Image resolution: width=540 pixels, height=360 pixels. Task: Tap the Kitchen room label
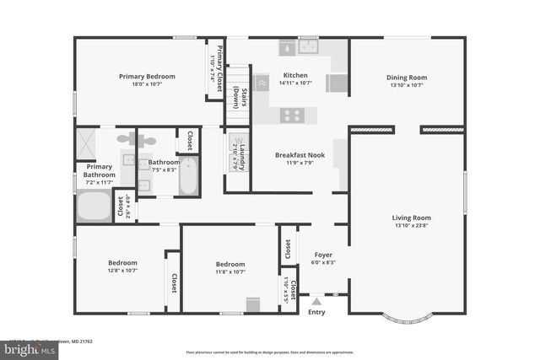pyautogui.click(x=294, y=75)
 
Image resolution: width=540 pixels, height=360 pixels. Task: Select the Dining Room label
pyautogui.click(x=407, y=78)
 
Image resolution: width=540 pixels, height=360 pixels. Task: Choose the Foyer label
pyautogui.click(x=324, y=255)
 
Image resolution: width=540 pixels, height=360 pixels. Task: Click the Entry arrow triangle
pyautogui.click(x=316, y=299)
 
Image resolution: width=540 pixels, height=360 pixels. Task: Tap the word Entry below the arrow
pyautogui.click(x=316, y=312)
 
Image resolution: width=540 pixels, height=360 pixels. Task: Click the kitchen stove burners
pyautogui.click(x=293, y=116)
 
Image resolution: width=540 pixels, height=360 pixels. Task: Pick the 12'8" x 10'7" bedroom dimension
pyautogui.click(x=122, y=271)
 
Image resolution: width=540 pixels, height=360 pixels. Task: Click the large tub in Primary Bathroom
pyautogui.click(x=94, y=206)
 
